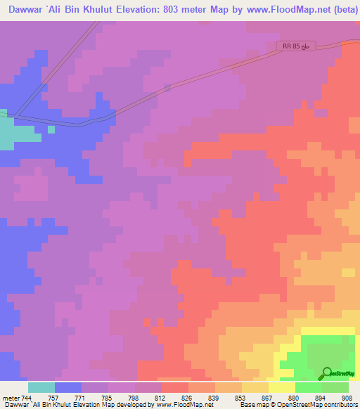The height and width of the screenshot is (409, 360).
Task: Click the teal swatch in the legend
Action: (41, 387)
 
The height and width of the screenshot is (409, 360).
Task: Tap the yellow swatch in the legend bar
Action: (282, 387)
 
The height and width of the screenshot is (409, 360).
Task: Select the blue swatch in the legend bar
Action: (68, 387)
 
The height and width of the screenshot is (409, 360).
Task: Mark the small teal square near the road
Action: (51, 129)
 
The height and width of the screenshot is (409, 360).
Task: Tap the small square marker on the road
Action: (167, 89)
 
